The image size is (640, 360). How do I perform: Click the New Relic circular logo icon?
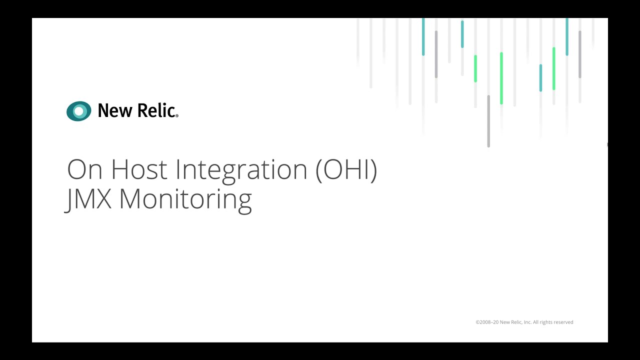79,111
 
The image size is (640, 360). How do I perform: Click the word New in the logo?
114,110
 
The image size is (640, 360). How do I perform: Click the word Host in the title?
139,169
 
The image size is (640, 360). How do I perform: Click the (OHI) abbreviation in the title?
346,170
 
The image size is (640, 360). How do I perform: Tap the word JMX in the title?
90,199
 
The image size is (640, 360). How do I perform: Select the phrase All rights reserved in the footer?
552,322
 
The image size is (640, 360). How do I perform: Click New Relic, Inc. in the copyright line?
515,322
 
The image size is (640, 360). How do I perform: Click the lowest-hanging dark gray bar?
488,121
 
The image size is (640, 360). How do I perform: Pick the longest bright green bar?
501,78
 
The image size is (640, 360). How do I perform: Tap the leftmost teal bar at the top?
423,36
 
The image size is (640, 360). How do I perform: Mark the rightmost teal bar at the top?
566,36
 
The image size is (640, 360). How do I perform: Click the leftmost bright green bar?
475,68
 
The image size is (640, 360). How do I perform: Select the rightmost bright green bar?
553,68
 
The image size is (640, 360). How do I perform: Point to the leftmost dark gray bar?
436,54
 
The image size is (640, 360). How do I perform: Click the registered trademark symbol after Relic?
176,116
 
